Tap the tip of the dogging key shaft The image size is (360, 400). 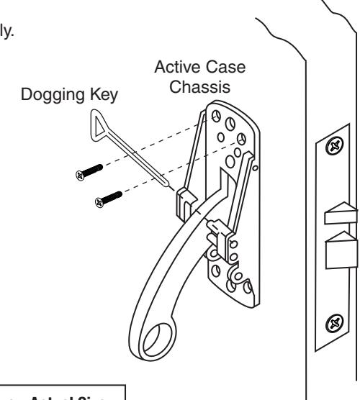pyautogui.click(x=172, y=188)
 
